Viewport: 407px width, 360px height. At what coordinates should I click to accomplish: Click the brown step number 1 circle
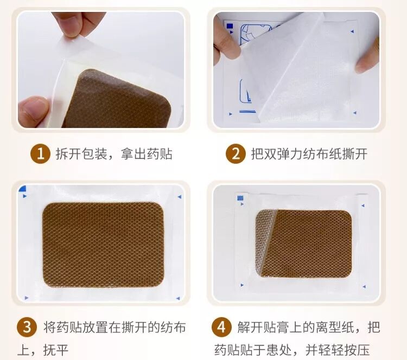(x=40, y=154)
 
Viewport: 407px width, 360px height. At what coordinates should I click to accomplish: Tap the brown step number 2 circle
(x=236, y=154)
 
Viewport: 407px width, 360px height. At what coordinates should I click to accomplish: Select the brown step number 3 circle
(x=27, y=327)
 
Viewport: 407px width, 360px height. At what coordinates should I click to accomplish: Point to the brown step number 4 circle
(x=221, y=327)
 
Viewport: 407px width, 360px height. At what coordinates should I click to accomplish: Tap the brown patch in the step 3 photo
(x=103, y=245)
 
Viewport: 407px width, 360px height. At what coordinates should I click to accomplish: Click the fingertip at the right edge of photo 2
(x=367, y=56)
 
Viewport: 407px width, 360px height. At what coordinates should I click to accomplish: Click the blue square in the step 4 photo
(x=240, y=198)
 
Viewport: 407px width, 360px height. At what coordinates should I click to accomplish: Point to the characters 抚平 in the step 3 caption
(x=56, y=350)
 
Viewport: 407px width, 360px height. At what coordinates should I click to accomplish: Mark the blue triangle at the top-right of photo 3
(x=180, y=197)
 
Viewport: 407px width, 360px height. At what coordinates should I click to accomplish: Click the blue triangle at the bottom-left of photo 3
(x=26, y=298)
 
